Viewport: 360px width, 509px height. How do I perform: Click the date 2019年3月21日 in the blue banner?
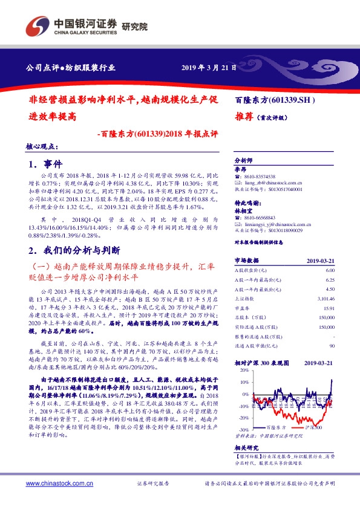click(209, 68)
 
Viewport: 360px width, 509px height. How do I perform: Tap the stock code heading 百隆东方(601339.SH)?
click(275, 100)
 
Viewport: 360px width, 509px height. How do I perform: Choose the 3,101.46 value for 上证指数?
click(325, 298)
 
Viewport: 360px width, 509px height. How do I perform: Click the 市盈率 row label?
click(243, 307)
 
